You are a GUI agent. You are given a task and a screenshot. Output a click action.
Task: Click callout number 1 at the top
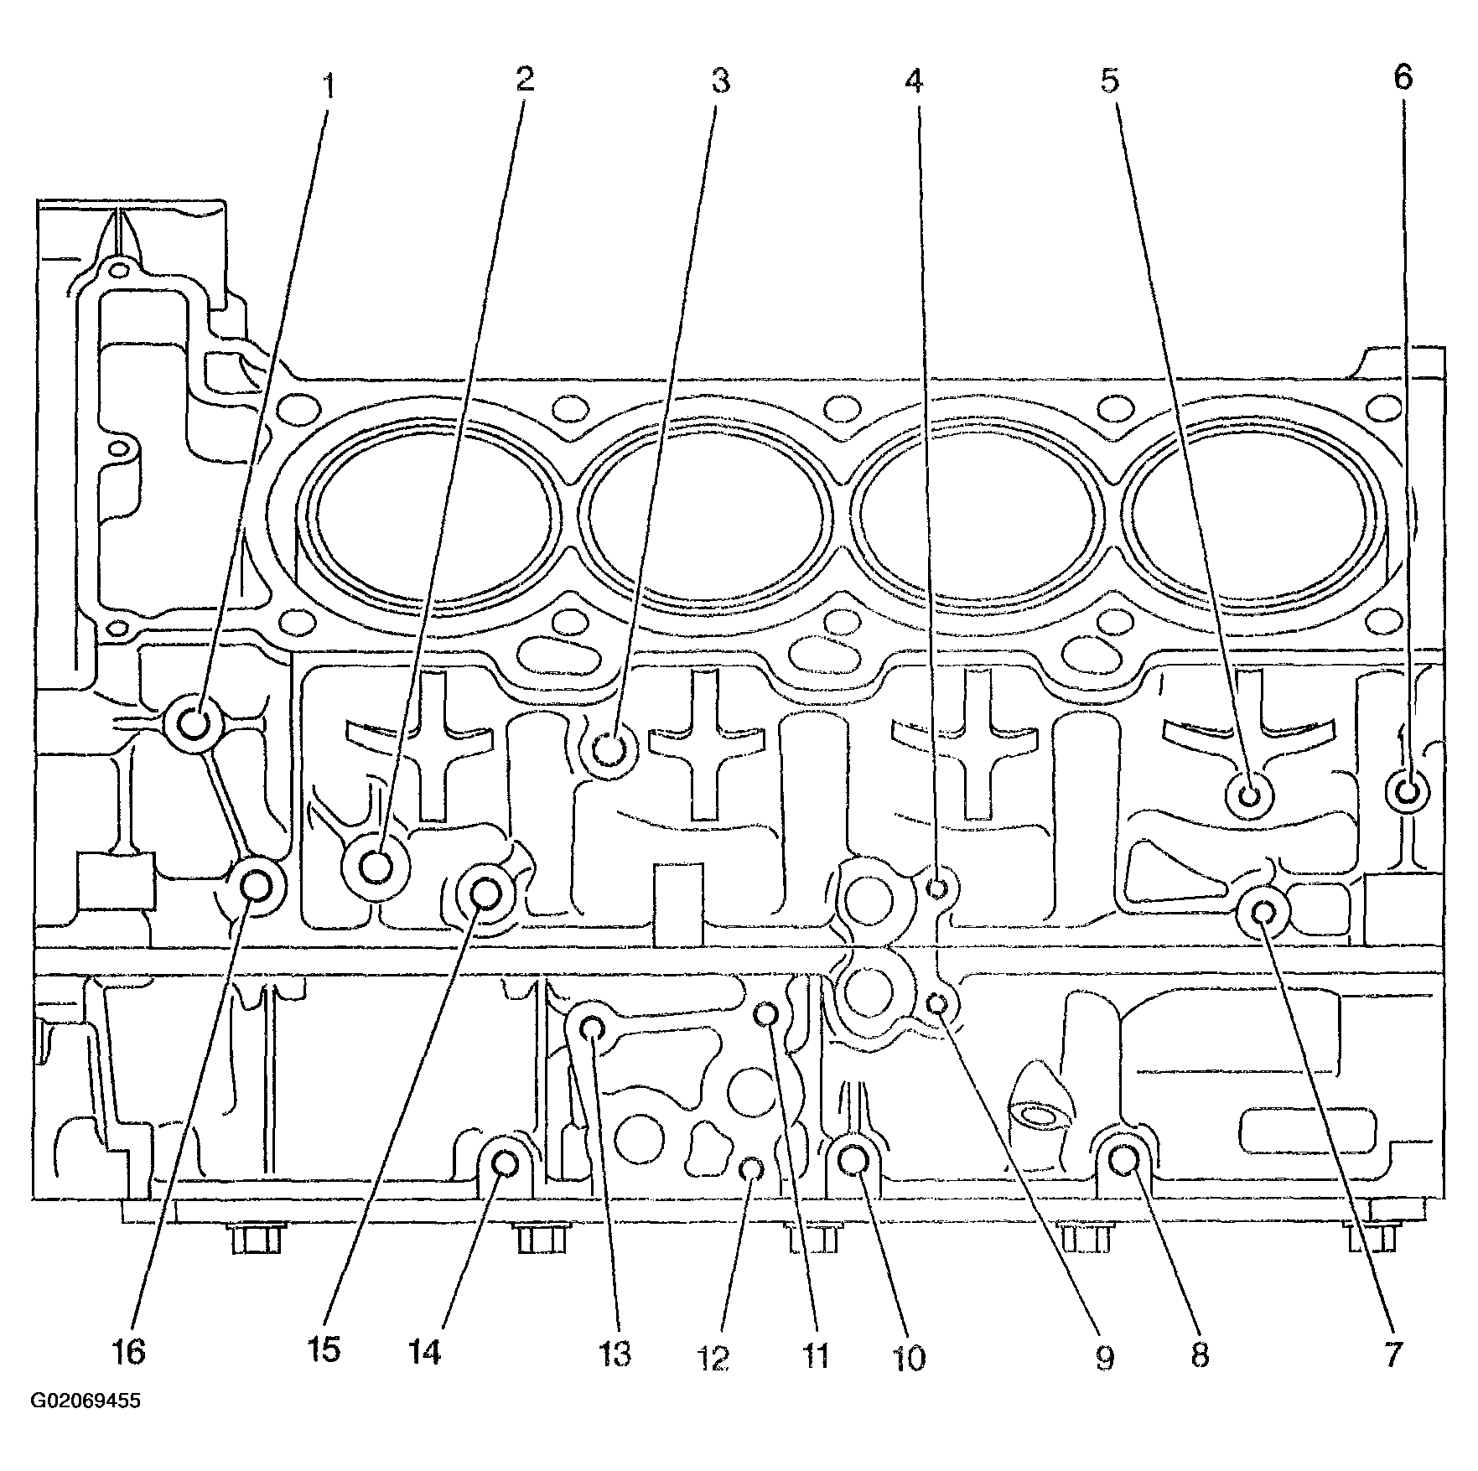(x=329, y=85)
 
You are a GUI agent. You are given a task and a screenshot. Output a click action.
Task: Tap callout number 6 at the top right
(x=1403, y=78)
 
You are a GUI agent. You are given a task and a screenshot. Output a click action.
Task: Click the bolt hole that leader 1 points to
(x=194, y=723)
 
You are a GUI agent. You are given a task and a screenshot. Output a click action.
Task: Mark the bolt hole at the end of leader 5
(x=1249, y=795)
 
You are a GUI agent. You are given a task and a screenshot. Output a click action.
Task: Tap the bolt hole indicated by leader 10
(x=853, y=1160)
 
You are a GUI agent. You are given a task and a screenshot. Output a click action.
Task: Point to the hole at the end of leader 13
(x=592, y=1028)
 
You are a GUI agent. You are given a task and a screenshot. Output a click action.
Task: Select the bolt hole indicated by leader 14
(x=505, y=1163)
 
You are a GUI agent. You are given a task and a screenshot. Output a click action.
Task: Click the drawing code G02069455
(x=86, y=1425)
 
